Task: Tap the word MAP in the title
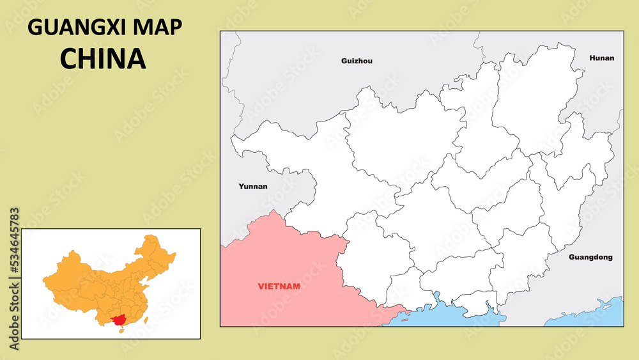[x=160, y=28]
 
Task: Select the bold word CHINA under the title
[x=103, y=58]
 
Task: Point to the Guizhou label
[x=357, y=61]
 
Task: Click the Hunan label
[x=601, y=58]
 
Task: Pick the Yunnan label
[x=253, y=187]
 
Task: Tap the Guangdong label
[x=590, y=258]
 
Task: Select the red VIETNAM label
[x=279, y=286]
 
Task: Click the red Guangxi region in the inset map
[x=118, y=318]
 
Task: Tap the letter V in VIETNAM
[x=261, y=286]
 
